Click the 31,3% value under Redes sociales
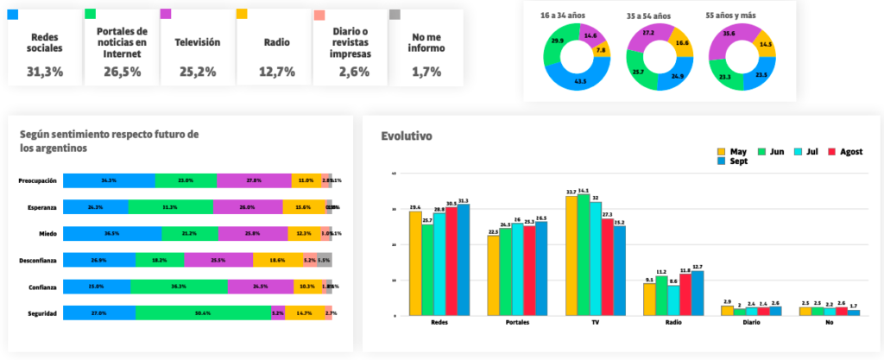[45, 72]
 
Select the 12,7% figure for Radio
[275, 72]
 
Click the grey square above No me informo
[395, 15]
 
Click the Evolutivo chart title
[407, 136]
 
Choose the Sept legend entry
[734, 161]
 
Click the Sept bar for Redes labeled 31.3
[464, 260]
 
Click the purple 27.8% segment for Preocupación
[254, 180]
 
